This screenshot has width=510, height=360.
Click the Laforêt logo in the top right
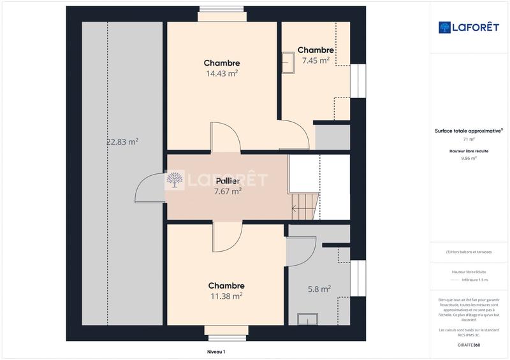coord(469,27)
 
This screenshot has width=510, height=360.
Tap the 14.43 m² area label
coord(222,73)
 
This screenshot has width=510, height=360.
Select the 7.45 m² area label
coord(316,61)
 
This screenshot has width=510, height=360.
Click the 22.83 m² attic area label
coord(122,142)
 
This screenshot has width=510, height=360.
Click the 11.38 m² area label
coord(226,296)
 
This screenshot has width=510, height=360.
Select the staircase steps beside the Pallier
coord(303,206)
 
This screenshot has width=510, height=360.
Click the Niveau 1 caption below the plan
coord(216,351)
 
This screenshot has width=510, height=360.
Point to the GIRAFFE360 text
coord(469,345)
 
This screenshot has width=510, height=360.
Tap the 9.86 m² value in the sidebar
coord(469,158)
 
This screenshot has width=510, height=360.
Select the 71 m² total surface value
coord(469,139)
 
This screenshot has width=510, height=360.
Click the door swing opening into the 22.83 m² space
coord(148,189)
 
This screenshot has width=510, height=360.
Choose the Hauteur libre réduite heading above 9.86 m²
coord(469,150)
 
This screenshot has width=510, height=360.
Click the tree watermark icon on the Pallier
coord(173,180)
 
